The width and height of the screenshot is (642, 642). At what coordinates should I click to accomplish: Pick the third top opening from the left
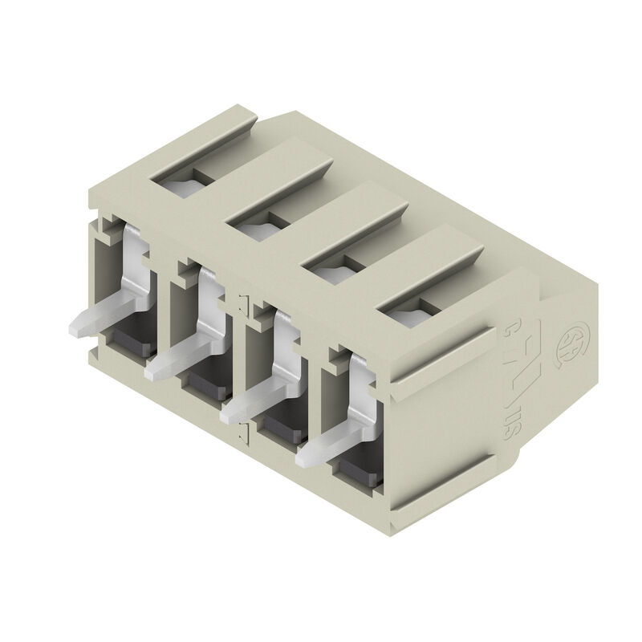click(333, 271)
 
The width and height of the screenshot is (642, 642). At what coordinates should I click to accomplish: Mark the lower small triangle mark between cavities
click(242, 434)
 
